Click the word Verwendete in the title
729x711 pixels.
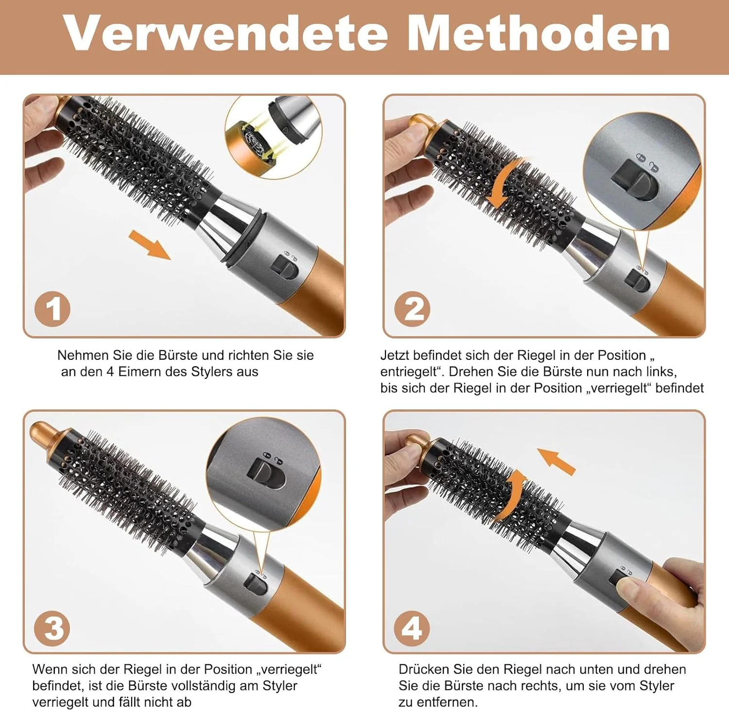(226, 33)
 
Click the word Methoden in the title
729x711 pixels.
(539, 33)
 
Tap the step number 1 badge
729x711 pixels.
(52, 309)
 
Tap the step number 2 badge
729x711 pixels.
(412, 309)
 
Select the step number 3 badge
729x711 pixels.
(52, 628)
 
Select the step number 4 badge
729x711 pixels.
(412, 628)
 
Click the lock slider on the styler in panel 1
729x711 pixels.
(285, 268)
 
